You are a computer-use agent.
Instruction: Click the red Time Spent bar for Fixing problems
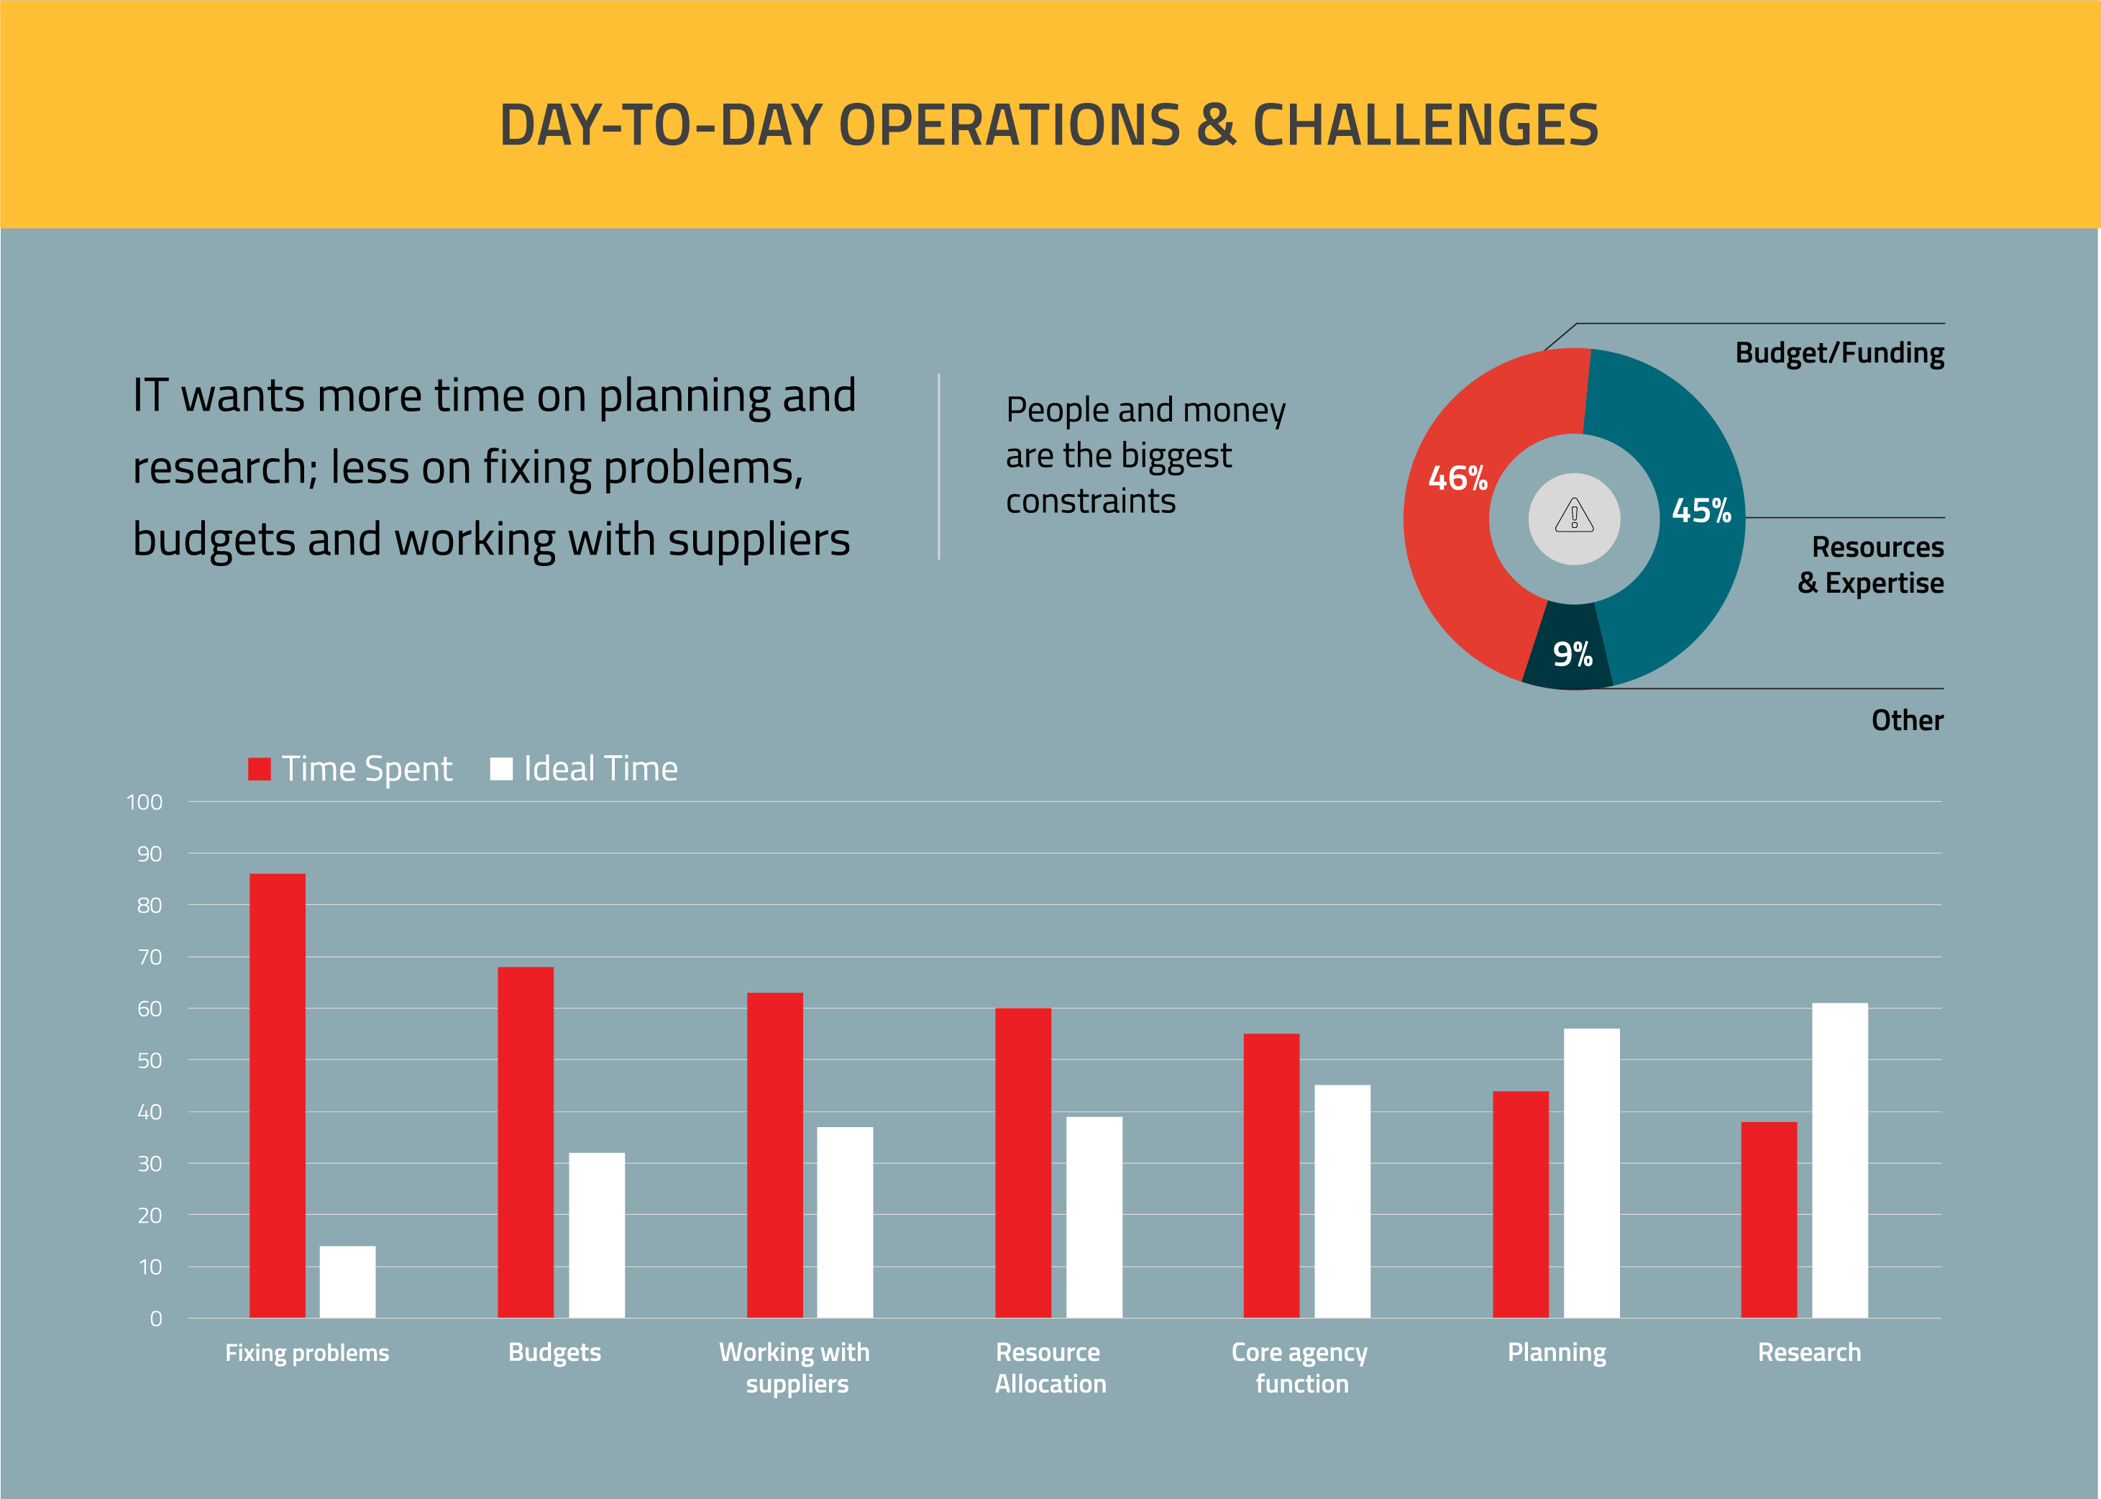point(277,1095)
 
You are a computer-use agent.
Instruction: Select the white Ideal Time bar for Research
point(1839,1160)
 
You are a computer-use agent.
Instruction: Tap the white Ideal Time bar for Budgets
point(596,1235)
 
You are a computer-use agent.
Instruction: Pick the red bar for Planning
point(1520,1205)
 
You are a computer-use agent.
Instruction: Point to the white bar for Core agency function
point(1342,1201)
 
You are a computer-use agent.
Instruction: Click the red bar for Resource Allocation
point(1022,1163)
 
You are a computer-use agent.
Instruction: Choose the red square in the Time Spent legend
point(260,769)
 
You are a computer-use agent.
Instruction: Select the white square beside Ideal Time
point(501,769)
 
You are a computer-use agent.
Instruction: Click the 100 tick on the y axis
point(145,802)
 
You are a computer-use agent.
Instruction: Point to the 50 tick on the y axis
point(150,1060)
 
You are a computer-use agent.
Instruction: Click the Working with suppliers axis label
point(795,1368)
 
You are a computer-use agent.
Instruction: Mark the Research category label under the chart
point(1808,1352)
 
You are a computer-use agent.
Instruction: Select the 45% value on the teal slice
point(1701,511)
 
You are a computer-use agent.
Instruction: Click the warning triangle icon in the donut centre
point(1574,515)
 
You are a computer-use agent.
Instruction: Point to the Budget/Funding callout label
point(1839,352)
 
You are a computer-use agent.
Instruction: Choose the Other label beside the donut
point(1906,720)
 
